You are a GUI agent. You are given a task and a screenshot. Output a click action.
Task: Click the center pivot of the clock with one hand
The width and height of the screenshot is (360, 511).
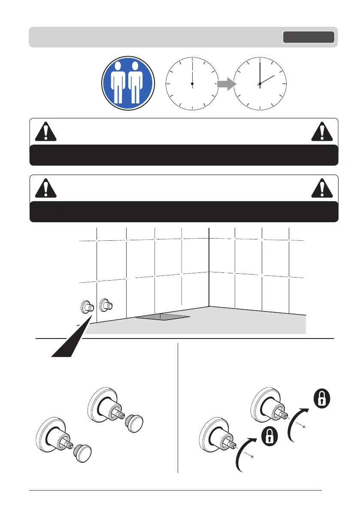coord(192,83)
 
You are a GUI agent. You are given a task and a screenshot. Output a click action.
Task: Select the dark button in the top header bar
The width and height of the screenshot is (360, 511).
coord(308,37)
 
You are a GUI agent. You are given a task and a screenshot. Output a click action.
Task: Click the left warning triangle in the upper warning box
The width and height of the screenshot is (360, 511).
coord(45,132)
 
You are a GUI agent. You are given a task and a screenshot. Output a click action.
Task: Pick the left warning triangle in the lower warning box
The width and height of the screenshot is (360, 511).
coord(45,188)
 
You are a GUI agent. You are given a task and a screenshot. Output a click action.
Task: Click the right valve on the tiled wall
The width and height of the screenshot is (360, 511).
coord(105,306)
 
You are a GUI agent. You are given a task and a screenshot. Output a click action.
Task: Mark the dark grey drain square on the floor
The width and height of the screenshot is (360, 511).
coord(163,317)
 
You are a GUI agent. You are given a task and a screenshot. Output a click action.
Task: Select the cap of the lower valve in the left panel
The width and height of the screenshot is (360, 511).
coord(84,453)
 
